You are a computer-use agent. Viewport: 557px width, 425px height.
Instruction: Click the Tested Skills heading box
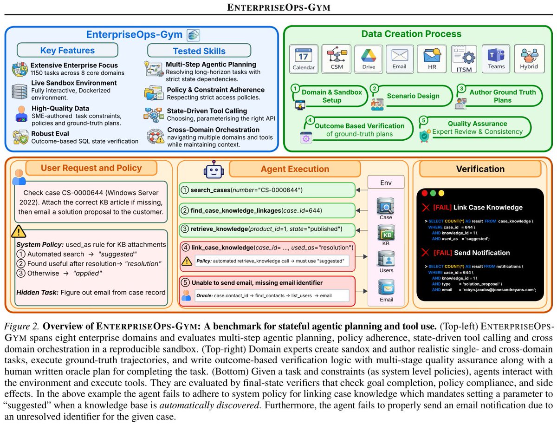(199, 51)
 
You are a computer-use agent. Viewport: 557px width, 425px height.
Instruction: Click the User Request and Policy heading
(91, 168)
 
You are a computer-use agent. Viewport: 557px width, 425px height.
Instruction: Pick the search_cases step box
(267, 190)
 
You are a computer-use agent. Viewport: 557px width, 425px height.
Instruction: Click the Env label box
(386, 182)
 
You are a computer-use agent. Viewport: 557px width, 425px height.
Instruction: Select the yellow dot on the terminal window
(441, 193)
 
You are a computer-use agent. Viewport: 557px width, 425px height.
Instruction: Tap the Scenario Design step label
(413, 96)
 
